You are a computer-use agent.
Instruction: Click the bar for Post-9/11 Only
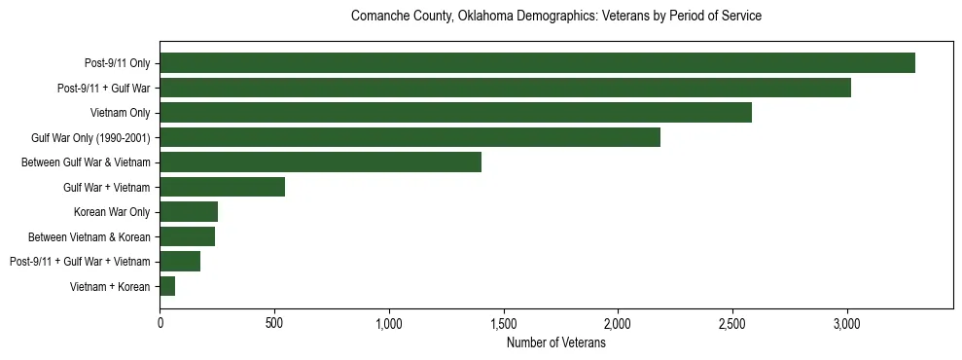(x=537, y=63)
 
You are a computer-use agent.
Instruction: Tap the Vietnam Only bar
(x=455, y=113)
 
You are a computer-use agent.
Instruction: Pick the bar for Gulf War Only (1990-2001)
(x=410, y=137)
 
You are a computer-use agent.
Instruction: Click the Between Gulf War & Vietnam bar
(x=320, y=162)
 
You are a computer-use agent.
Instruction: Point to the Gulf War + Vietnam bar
(x=222, y=187)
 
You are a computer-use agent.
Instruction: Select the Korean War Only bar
(x=189, y=211)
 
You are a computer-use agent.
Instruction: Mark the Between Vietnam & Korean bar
(x=187, y=236)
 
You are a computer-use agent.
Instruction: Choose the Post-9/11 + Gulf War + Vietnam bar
(x=180, y=261)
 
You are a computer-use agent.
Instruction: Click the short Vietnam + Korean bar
(x=167, y=286)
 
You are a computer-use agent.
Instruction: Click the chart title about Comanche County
(x=555, y=17)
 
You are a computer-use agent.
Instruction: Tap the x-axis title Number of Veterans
(x=555, y=343)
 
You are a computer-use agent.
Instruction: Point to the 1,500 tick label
(x=503, y=323)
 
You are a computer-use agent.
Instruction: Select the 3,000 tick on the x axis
(x=847, y=323)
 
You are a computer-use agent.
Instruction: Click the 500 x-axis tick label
(x=274, y=323)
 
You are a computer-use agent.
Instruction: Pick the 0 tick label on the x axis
(x=160, y=323)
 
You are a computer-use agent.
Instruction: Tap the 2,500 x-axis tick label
(x=732, y=323)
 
